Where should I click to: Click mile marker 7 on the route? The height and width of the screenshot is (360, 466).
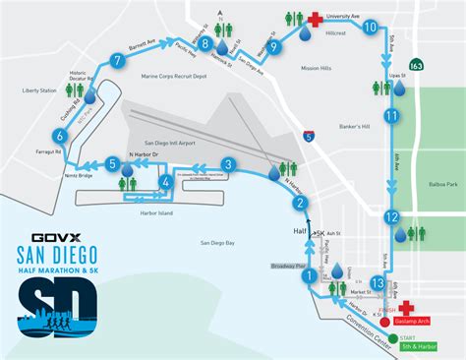tap(118, 61)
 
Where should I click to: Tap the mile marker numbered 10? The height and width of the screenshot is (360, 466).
tap(370, 29)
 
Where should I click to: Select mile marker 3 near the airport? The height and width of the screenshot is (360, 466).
tap(228, 165)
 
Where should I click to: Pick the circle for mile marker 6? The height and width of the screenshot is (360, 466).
tap(61, 123)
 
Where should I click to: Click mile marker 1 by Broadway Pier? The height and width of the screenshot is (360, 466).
tap(311, 277)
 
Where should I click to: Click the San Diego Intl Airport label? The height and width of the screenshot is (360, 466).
tap(169, 144)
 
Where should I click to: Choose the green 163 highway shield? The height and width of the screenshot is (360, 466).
tap(417, 66)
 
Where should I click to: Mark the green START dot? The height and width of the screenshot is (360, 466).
tap(393, 339)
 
